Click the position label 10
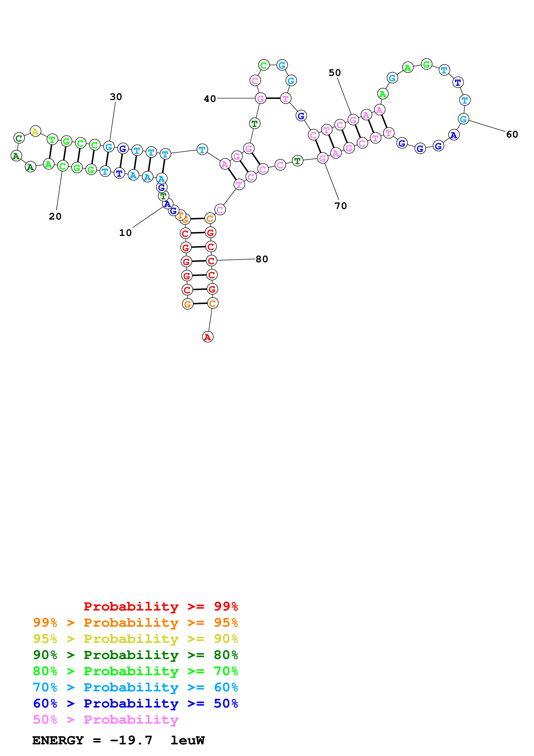(x=125, y=233)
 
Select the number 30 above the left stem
(x=116, y=97)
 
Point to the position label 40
(x=210, y=99)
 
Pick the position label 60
(x=512, y=134)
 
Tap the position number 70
(x=341, y=206)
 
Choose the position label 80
(x=262, y=259)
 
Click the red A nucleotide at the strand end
(x=208, y=337)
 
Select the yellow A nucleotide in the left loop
(x=35, y=131)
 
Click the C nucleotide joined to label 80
(x=211, y=261)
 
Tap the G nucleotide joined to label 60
(x=463, y=119)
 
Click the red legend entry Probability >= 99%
(x=161, y=606)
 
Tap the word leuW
(x=188, y=740)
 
